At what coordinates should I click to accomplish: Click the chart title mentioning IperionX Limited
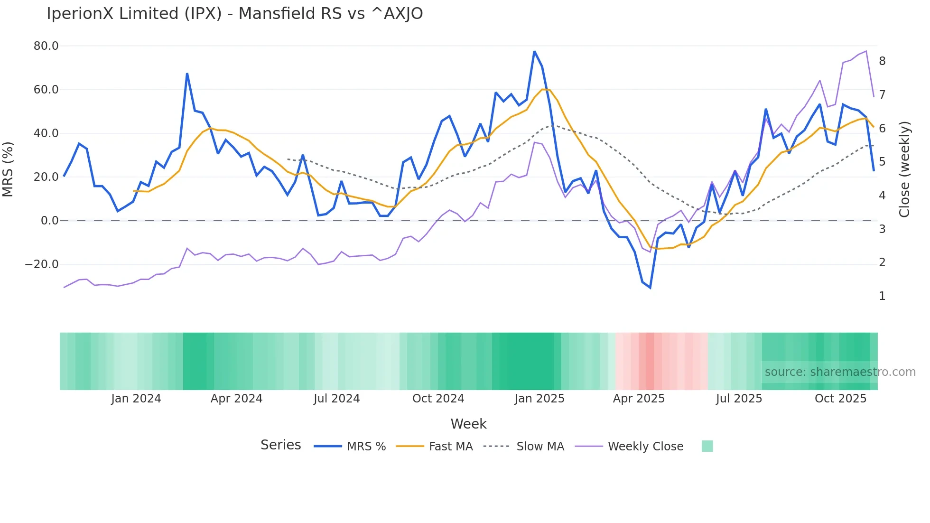pyautogui.click(x=234, y=14)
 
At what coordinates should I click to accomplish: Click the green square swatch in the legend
pyautogui.click(x=707, y=446)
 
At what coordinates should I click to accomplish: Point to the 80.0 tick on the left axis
pyautogui.click(x=46, y=46)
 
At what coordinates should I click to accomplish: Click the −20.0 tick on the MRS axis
pyautogui.click(x=42, y=264)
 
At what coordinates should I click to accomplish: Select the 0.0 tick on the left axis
pyautogui.click(x=49, y=221)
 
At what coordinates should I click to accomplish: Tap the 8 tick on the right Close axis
pyautogui.click(x=882, y=61)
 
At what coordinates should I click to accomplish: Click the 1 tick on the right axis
pyautogui.click(x=882, y=296)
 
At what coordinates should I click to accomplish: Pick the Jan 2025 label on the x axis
pyautogui.click(x=539, y=399)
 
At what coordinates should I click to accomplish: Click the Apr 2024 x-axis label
pyautogui.click(x=236, y=399)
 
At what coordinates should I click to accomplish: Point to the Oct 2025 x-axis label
pyautogui.click(x=840, y=399)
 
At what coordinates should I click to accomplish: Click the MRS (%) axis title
pyautogui.click(x=8, y=169)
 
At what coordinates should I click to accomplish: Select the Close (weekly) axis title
pyautogui.click(x=904, y=169)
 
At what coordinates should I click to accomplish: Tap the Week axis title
pyautogui.click(x=468, y=424)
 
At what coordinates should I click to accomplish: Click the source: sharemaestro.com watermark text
pyautogui.click(x=840, y=372)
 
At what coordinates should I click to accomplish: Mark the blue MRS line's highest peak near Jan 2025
pyautogui.click(x=534, y=51)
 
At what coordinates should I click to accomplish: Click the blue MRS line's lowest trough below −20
pyautogui.click(x=650, y=288)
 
